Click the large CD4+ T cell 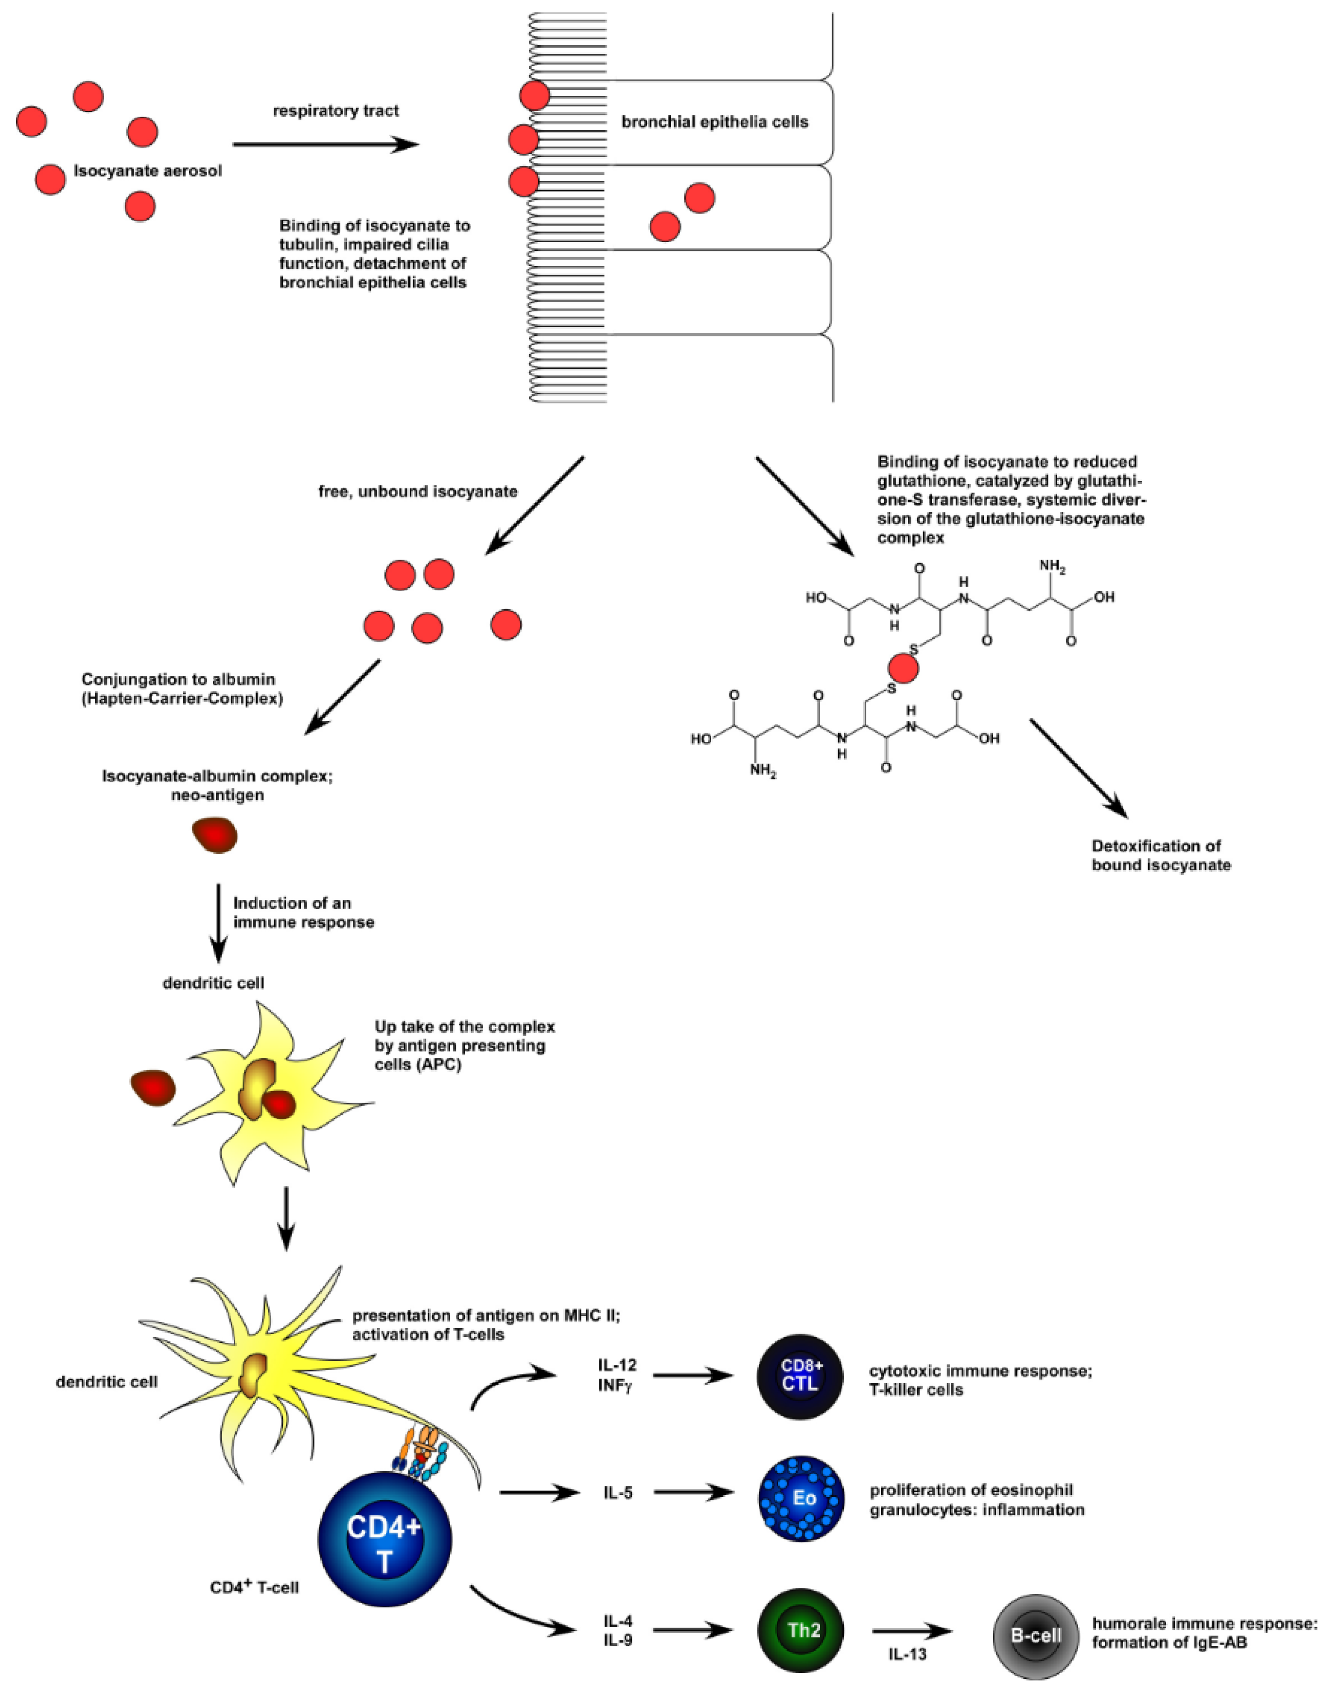pyautogui.click(x=384, y=1540)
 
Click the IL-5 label pyautogui.click(x=617, y=1492)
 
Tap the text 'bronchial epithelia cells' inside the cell pyautogui.click(x=714, y=122)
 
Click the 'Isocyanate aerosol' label pyautogui.click(x=147, y=170)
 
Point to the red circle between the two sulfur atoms pyautogui.click(x=903, y=667)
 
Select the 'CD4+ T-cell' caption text pyautogui.click(x=255, y=1588)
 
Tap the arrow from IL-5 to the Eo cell pyautogui.click(x=693, y=1492)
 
